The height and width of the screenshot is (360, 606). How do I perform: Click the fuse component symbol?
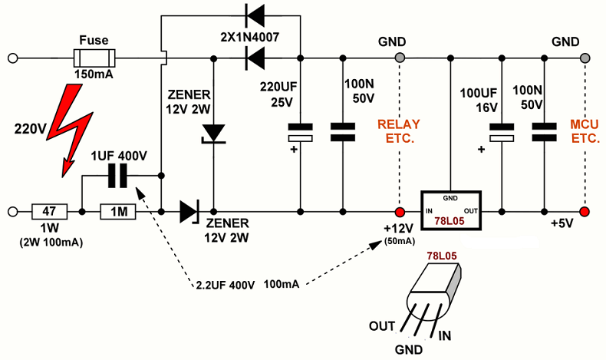pos(93,58)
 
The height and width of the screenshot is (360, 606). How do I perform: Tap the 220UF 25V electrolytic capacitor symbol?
pos(300,132)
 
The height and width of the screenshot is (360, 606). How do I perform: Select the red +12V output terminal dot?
pos(399,211)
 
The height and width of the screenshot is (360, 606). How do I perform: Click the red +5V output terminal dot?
pos(585,211)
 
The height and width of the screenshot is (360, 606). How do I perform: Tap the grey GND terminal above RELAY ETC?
pos(399,58)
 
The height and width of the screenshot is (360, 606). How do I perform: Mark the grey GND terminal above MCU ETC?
pos(585,58)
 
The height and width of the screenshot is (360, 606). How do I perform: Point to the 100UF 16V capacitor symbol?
pos(502,132)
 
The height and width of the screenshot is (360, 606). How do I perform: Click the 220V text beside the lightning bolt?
pos(28,127)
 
